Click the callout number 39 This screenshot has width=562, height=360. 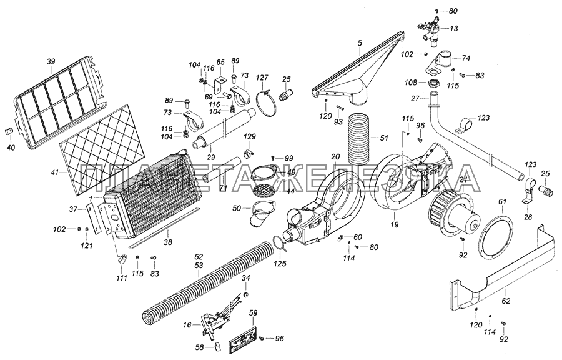[x=51, y=61]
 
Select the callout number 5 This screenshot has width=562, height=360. [x=360, y=43]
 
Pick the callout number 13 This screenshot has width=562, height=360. [x=453, y=28]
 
